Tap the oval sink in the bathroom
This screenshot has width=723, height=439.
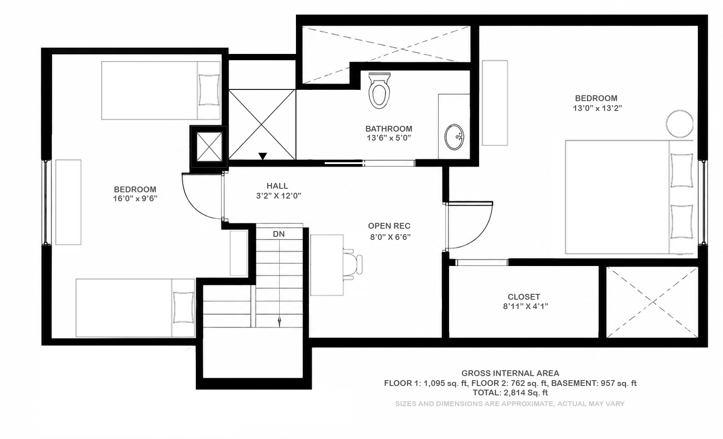454,137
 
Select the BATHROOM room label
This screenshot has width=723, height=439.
388,129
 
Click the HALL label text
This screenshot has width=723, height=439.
277,186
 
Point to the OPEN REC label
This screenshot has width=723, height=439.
389,226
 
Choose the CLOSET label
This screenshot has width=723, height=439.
524,297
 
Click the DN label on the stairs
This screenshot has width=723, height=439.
279,234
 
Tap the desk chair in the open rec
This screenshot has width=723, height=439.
353,265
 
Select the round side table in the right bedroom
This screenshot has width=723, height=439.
679,124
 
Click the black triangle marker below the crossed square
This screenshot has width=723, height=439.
263,156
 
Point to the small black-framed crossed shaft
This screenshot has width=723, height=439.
209,146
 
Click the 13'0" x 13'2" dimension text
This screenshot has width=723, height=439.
597,108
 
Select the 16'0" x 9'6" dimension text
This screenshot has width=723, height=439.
135,198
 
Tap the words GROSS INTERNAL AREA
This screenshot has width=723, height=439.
510,373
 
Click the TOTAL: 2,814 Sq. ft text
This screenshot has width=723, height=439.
510,393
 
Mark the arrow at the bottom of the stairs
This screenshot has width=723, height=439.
279,322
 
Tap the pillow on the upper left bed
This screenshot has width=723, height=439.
209,90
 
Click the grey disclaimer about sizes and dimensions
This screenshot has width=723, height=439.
510,404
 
